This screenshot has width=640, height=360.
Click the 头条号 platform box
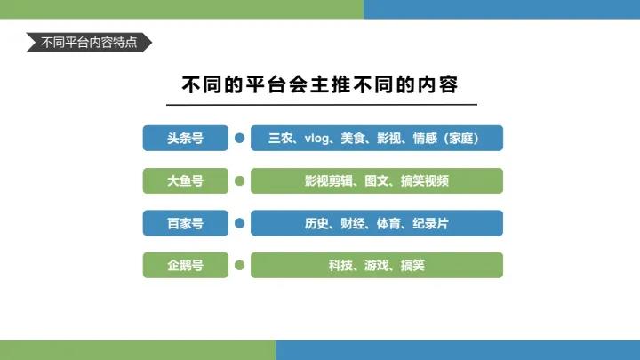pyautogui.click(x=185, y=138)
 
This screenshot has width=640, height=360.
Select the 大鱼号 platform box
pyautogui.click(x=185, y=180)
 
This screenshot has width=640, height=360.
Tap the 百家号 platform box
pyautogui.click(x=185, y=223)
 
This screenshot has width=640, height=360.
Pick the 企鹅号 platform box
pyautogui.click(x=185, y=265)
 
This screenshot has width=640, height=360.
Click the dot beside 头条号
pyautogui.click(x=239, y=138)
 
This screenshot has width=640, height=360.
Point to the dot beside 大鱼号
pyautogui.click(x=239, y=180)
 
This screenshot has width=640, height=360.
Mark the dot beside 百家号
pyautogui.click(x=239, y=223)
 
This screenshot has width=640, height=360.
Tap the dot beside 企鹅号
pyautogui.click(x=239, y=265)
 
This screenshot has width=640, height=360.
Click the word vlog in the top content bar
pyautogui.click(x=316, y=138)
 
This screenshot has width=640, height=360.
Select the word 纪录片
pyautogui.click(x=430, y=223)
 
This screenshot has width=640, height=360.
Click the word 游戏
pyautogui.click(x=377, y=265)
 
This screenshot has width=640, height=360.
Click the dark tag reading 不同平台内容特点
pyautogui.click(x=88, y=43)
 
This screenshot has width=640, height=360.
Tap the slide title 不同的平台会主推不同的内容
pyautogui.click(x=320, y=84)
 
